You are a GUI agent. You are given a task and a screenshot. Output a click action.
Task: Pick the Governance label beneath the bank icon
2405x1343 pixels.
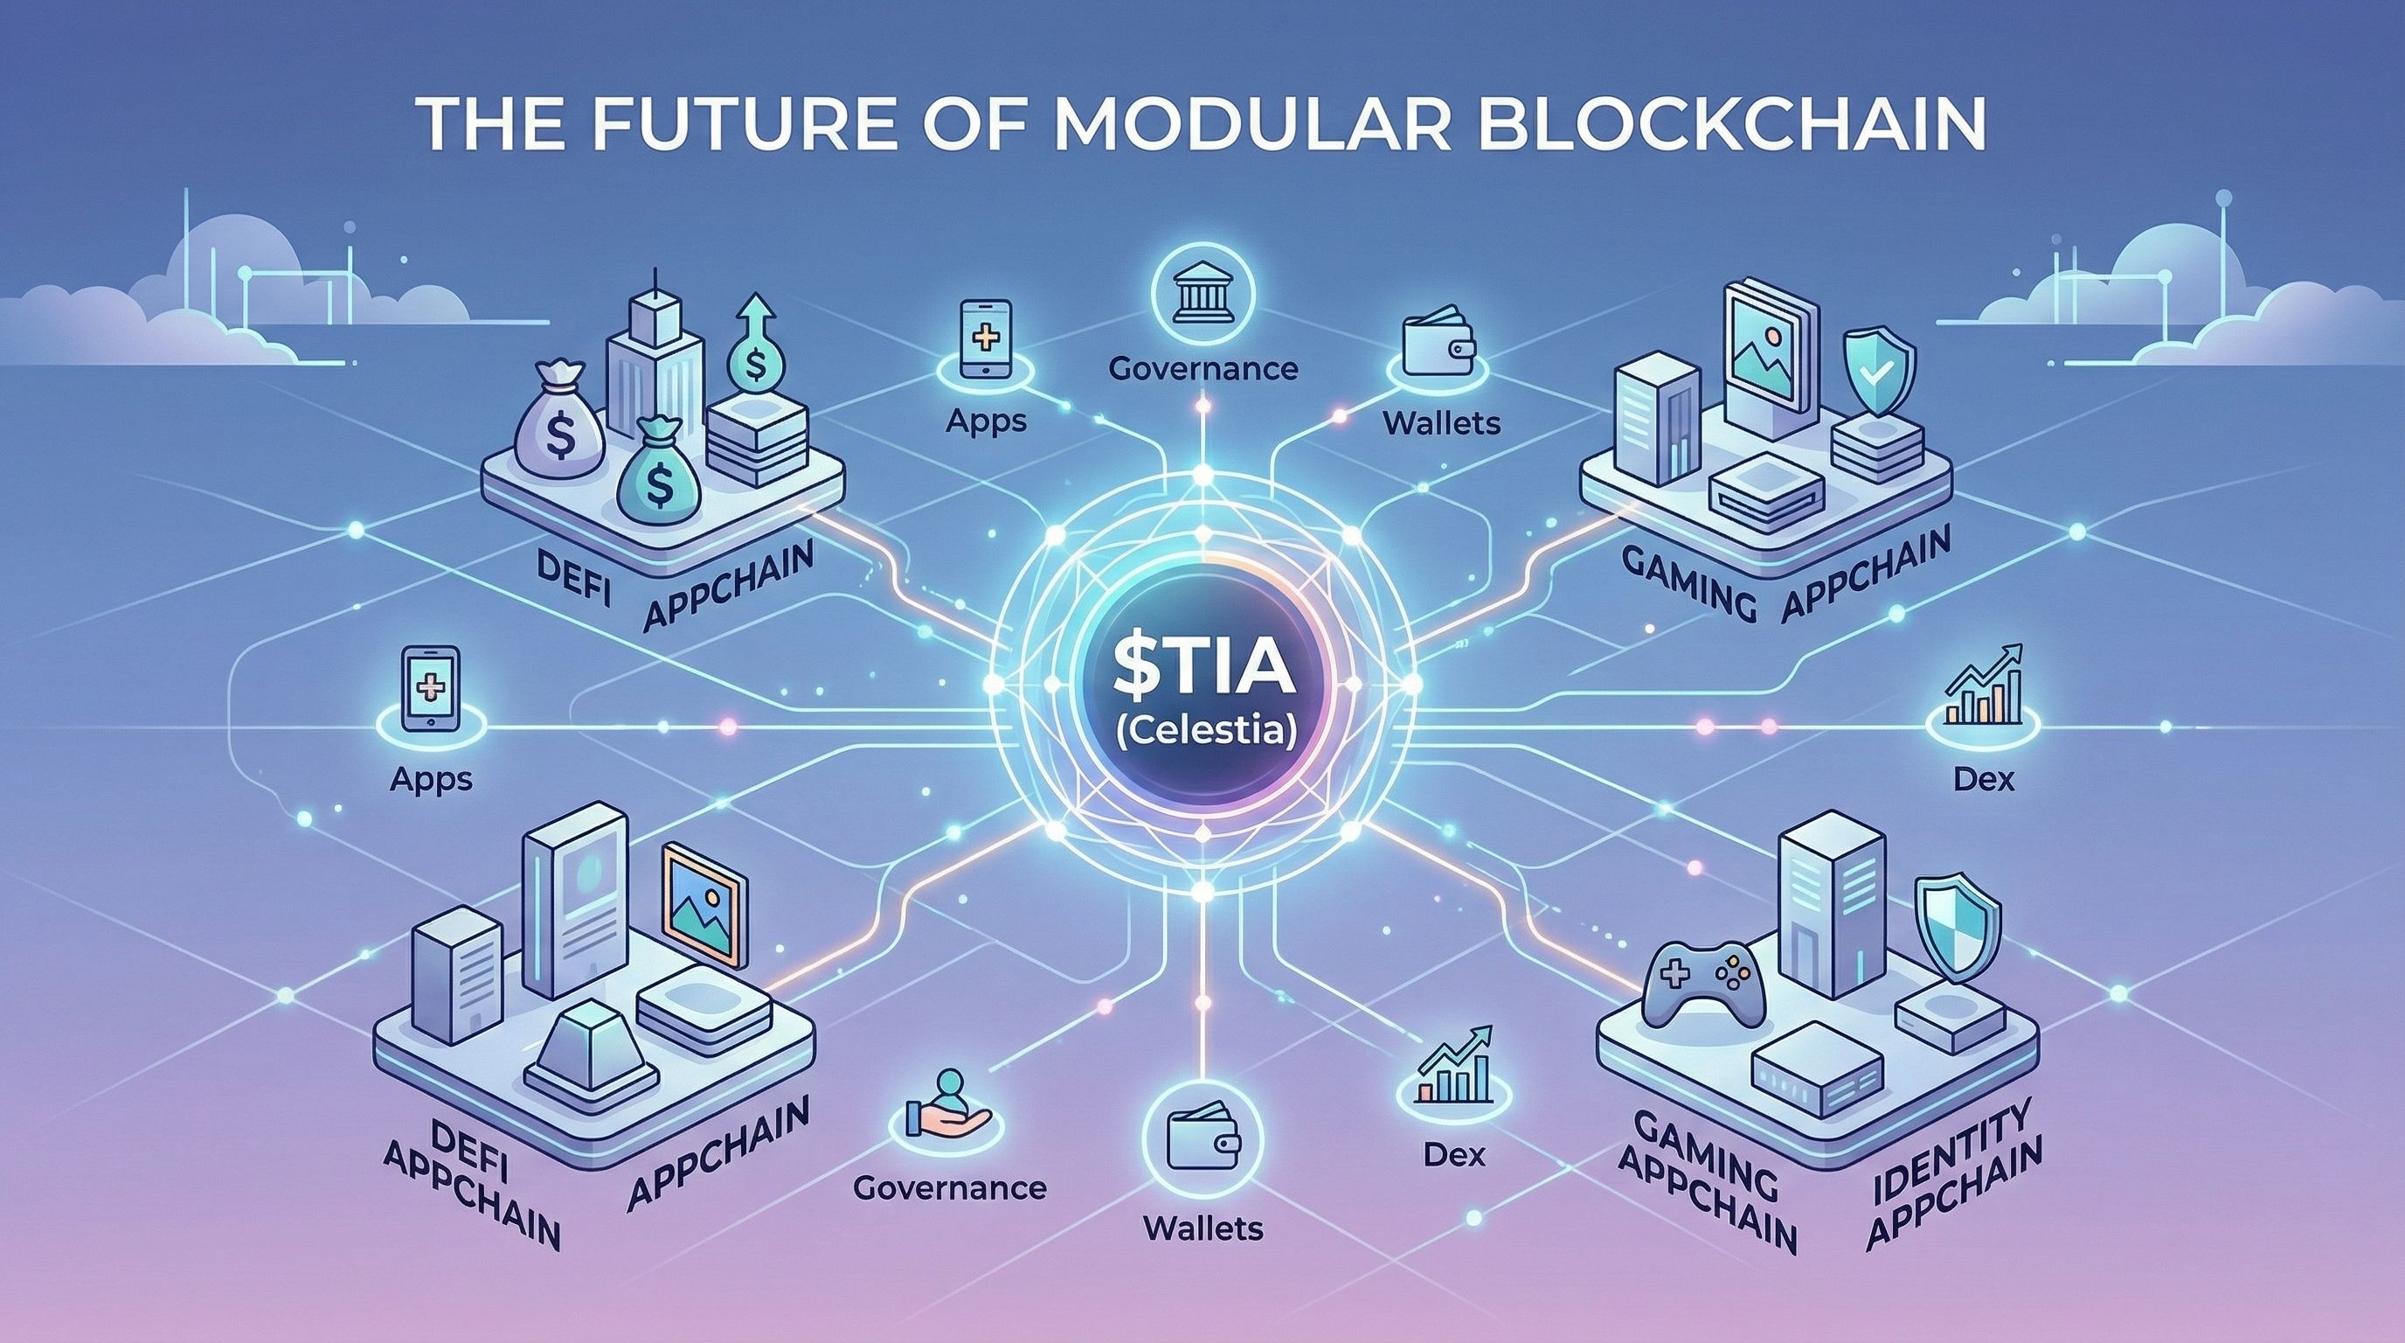pos(1203,368)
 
